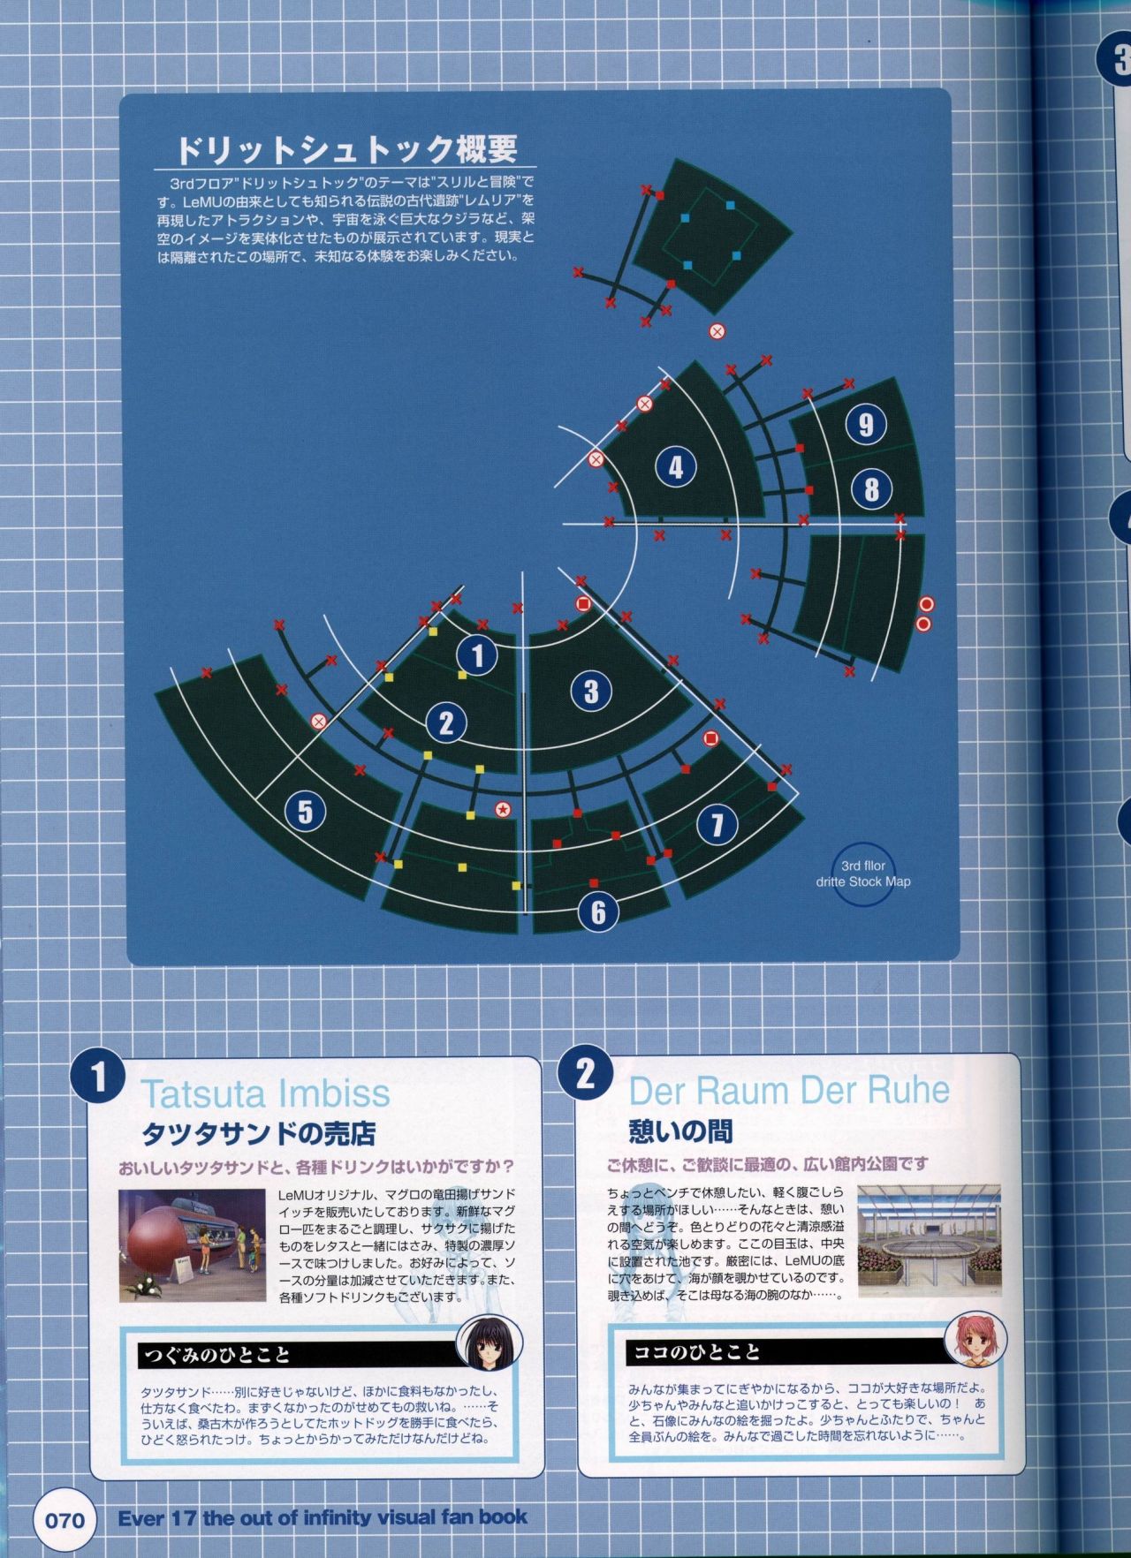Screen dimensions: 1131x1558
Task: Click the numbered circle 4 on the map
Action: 676,466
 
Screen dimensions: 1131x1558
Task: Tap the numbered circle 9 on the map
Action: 866,425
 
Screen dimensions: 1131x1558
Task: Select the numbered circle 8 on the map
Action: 871,488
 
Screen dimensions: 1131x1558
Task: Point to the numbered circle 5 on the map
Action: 305,811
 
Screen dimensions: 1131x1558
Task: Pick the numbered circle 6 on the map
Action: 598,911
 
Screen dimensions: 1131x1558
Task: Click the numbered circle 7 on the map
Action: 717,824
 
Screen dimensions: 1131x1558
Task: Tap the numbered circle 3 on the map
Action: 591,691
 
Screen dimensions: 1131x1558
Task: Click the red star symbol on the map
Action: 503,807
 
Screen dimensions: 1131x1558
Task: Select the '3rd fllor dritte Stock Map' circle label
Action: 862,874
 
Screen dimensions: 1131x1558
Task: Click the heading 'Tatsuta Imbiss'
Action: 265,1093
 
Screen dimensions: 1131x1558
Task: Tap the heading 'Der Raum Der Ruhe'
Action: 789,1091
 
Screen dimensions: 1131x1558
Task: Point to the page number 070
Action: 65,1519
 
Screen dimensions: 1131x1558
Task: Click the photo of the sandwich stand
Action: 193,1245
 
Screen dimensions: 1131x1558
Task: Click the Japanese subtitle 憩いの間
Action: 680,1131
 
